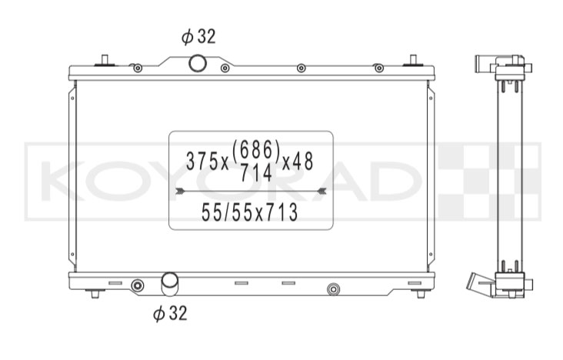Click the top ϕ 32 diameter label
click(x=198, y=36)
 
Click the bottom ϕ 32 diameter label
click(x=170, y=313)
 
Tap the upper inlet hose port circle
click(x=198, y=64)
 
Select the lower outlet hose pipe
click(x=170, y=284)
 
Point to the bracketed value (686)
click(x=256, y=150)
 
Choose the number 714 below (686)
click(x=256, y=173)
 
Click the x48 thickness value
click(x=298, y=161)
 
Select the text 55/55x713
click(x=250, y=212)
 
